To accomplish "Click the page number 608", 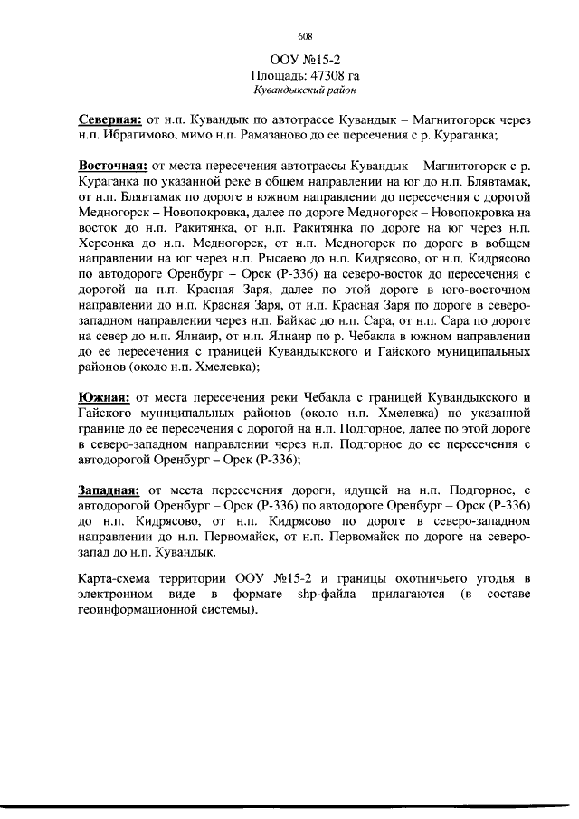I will coord(304,37).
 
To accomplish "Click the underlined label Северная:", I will coord(109,119).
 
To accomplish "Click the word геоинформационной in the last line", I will coord(142,609).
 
